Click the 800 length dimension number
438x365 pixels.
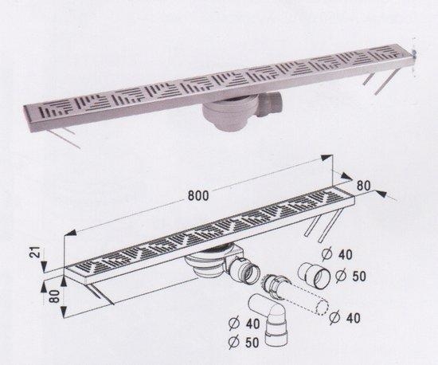[198, 196]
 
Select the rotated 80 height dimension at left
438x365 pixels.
[55, 296]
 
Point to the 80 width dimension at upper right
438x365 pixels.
[363, 185]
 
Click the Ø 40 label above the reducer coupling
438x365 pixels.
[337, 254]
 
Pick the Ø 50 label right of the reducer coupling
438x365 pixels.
[350, 276]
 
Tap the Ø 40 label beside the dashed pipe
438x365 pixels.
[345, 318]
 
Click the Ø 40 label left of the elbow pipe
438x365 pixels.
[244, 324]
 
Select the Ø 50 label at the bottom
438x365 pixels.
[244, 343]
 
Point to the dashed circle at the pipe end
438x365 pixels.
[321, 308]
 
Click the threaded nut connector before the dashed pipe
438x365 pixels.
[276, 286]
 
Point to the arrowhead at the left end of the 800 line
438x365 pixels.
[70, 233]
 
